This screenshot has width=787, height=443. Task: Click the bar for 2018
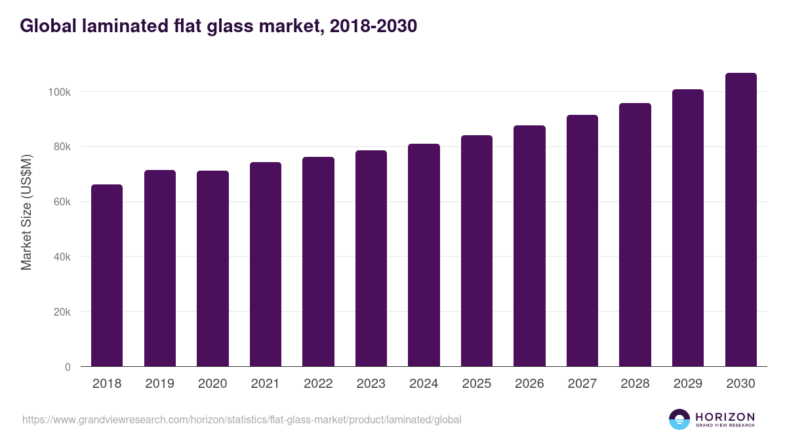[107, 276]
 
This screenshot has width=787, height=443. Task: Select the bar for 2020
[212, 268]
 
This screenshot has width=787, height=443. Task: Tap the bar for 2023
[371, 259]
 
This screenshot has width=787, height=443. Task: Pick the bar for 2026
[529, 246]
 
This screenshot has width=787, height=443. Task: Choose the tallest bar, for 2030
[740, 220]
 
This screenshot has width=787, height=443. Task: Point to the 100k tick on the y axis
[59, 92]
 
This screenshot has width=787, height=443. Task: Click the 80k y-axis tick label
[60, 147]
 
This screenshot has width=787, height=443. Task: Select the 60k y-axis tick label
[60, 202]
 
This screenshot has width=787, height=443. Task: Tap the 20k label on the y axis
[60, 312]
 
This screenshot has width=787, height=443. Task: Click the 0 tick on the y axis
[68, 367]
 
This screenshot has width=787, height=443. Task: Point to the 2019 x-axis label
[159, 384]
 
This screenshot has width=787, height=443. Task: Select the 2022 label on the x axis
[318, 384]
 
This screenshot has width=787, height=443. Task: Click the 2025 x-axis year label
[477, 384]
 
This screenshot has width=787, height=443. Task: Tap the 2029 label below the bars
[688, 384]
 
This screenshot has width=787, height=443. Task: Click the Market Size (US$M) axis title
[26, 212]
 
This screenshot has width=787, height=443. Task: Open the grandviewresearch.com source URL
[242, 419]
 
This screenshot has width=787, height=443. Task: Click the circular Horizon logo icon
[679, 419]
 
